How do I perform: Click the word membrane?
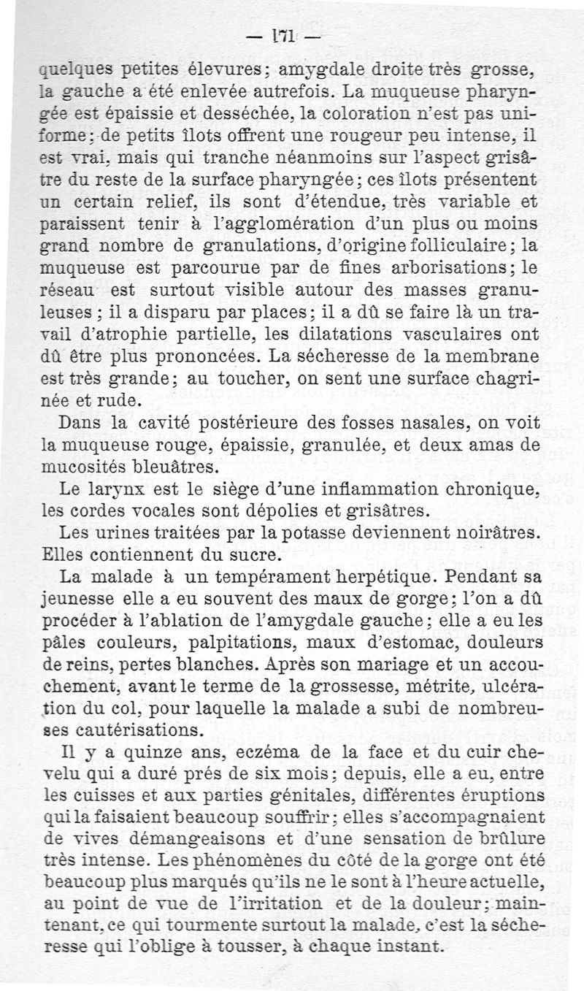coord(499,358)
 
